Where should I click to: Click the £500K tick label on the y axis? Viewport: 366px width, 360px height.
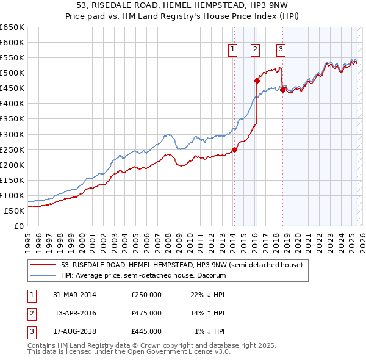click(12, 73)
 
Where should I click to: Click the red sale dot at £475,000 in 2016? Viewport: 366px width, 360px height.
click(257, 80)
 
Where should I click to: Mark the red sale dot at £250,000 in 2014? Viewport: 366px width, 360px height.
click(235, 149)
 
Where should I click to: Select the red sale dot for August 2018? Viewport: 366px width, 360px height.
click(282, 90)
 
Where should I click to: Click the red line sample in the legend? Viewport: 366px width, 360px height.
click(44, 265)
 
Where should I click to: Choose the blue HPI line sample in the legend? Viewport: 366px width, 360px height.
click(44, 275)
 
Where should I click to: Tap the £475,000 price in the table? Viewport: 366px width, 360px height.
click(146, 313)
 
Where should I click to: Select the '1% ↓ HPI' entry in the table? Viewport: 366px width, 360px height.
click(210, 331)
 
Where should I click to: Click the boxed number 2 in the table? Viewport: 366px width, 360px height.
click(31, 313)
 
